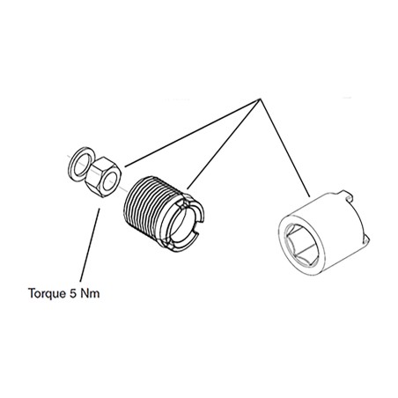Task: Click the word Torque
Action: click(x=48, y=293)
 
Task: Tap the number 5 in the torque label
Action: click(x=73, y=293)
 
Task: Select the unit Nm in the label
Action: click(x=90, y=293)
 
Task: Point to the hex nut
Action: click(x=103, y=177)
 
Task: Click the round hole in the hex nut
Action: click(x=110, y=181)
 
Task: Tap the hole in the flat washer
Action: click(x=82, y=165)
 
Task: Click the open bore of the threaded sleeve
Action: click(x=182, y=224)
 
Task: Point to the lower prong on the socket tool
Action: click(x=365, y=239)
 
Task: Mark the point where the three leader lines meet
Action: click(x=260, y=99)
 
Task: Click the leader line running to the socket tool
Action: click(x=284, y=148)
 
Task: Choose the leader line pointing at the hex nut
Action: click(x=192, y=133)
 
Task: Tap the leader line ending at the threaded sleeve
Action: click(x=223, y=144)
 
